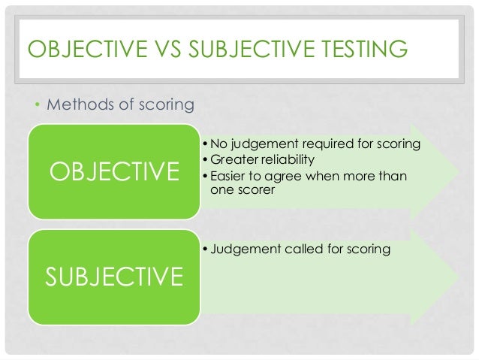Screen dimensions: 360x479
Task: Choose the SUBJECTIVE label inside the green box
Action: tap(114, 277)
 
